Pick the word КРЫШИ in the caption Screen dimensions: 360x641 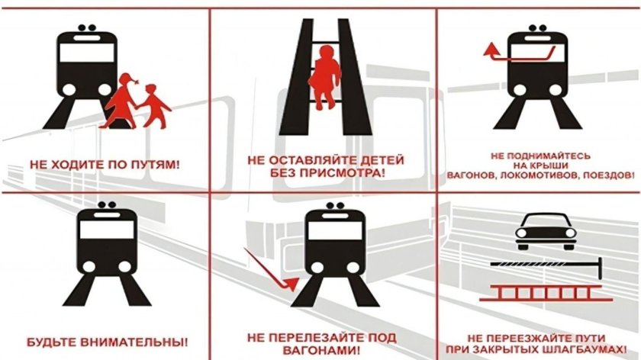pyautogui.click(x=565, y=166)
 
